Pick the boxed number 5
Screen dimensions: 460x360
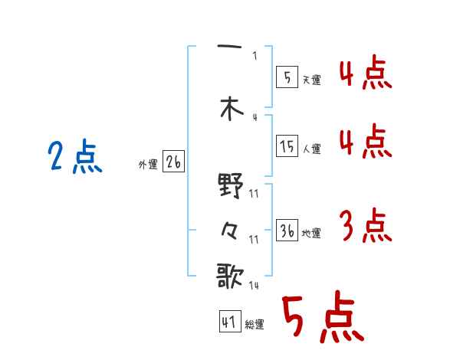click(x=287, y=77)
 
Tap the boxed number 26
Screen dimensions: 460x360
click(x=173, y=162)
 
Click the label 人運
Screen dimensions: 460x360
click(x=312, y=149)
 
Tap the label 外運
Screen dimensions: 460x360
click(x=147, y=165)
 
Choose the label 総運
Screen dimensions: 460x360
click(x=255, y=325)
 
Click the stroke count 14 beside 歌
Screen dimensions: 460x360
click(x=253, y=286)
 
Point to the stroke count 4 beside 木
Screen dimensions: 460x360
click(x=255, y=117)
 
